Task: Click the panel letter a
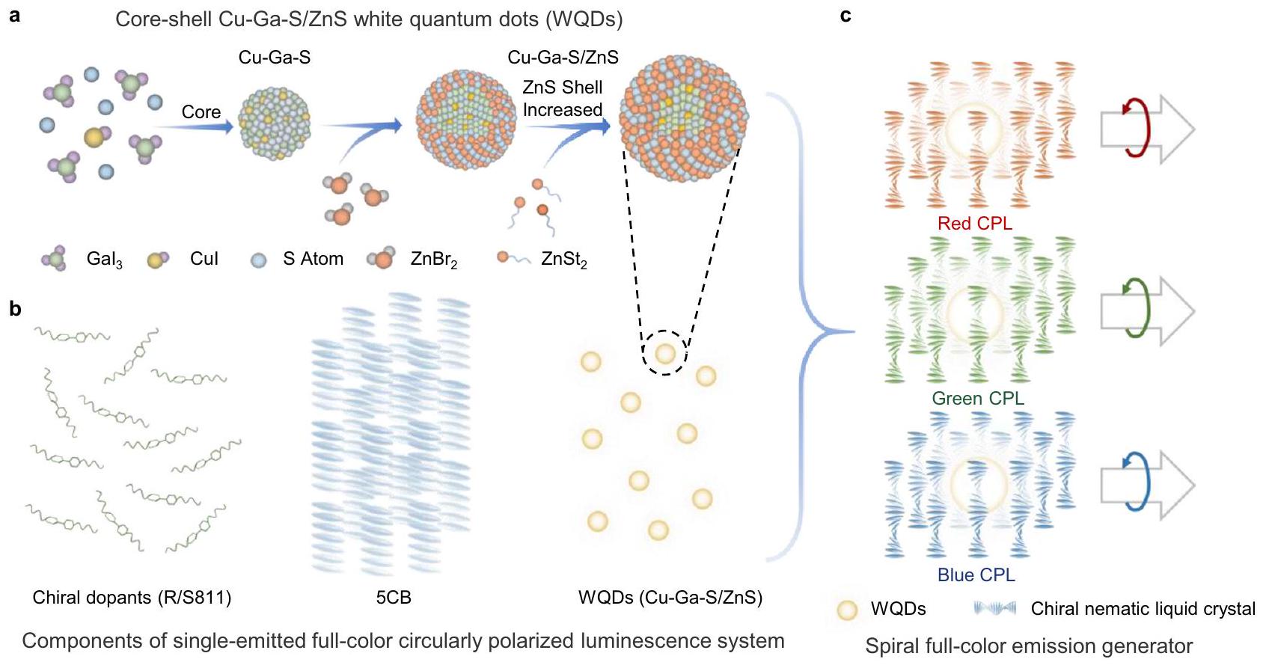click(14, 15)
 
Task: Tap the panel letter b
click(15, 308)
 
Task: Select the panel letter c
click(845, 15)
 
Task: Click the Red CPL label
click(974, 224)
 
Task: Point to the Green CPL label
click(977, 399)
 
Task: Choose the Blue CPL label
click(976, 574)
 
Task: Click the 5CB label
click(394, 598)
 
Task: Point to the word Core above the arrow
click(201, 112)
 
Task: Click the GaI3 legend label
click(104, 260)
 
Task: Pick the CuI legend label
click(204, 259)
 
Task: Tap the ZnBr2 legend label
click(433, 260)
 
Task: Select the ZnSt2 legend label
click(563, 260)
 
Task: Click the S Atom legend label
click(313, 259)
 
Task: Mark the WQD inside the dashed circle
click(665, 353)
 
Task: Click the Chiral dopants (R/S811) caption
click(132, 598)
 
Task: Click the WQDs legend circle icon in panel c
click(847, 610)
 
